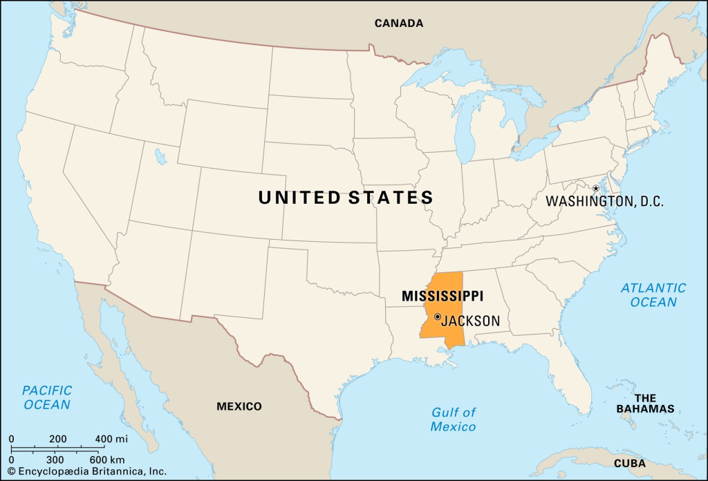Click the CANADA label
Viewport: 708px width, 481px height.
pyautogui.click(x=399, y=23)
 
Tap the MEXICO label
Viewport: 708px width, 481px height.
pyautogui.click(x=239, y=406)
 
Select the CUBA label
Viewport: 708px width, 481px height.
pyautogui.click(x=629, y=463)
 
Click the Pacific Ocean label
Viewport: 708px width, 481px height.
pyautogui.click(x=47, y=397)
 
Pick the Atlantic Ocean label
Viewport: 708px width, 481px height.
pyautogui.click(x=653, y=294)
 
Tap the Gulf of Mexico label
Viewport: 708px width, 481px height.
pyautogui.click(x=454, y=419)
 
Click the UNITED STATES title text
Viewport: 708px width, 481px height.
pyautogui.click(x=346, y=198)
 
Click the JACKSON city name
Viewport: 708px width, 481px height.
pyautogui.click(x=470, y=321)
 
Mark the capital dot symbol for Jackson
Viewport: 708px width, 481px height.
pyautogui.click(x=438, y=317)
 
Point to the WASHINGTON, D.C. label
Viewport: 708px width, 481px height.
pyautogui.click(x=604, y=202)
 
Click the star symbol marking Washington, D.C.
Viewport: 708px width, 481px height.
pyautogui.click(x=595, y=189)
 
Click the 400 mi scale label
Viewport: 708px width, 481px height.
pyautogui.click(x=111, y=440)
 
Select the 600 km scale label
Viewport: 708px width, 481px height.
pyautogui.click(x=107, y=459)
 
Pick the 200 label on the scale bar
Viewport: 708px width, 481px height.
pyautogui.click(x=58, y=440)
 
